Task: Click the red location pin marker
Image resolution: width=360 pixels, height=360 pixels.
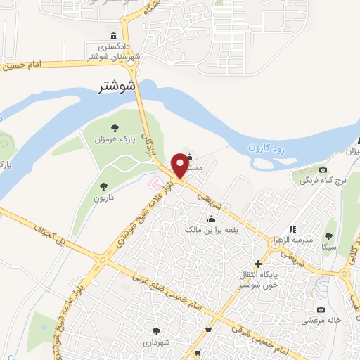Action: (x=180, y=164)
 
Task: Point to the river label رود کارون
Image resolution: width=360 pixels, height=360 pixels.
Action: (x=269, y=148)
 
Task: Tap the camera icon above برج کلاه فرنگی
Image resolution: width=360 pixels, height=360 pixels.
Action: (x=323, y=170)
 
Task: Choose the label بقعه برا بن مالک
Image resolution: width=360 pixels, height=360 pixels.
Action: (x=212, y=230)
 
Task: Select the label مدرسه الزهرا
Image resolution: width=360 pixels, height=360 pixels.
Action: (x=292, y=239)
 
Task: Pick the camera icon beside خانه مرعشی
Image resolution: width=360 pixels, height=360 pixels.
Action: (x=321, y=310)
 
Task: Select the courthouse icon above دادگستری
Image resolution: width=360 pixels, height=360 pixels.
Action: (x=113, y=37)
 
